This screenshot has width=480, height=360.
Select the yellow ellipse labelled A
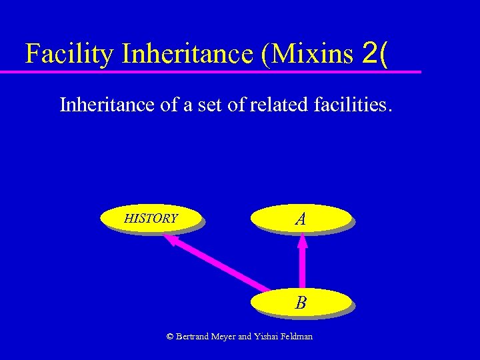(x=301, y=218)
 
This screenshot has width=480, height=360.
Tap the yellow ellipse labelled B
(x=301, y=303)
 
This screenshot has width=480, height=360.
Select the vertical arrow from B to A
(x=302, y=265)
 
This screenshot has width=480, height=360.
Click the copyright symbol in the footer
(x=170, y=337)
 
